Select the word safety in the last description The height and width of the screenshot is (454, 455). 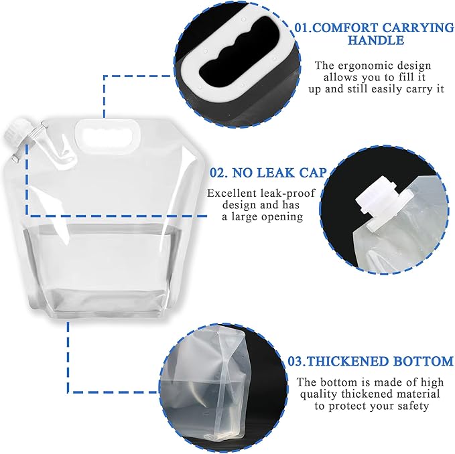tap(421, 405)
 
